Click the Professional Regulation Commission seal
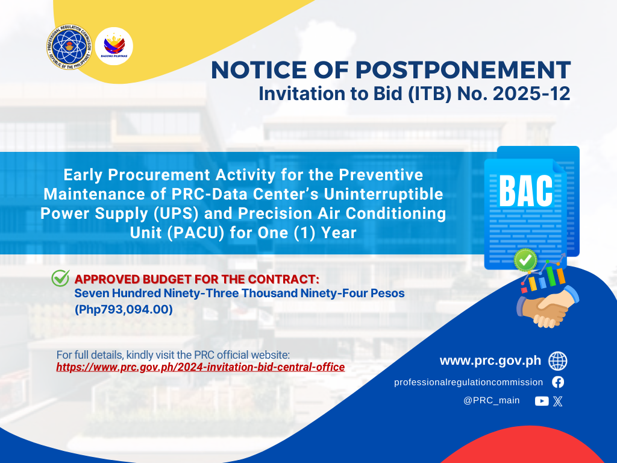pos(69,47)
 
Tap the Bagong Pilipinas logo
pos(114,46)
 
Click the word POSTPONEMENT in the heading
pos(463,70)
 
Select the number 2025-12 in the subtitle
pos(531,93)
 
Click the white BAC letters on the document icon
pos(526,191)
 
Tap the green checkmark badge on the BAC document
pos(525,260)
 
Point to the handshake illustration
pos(548,307)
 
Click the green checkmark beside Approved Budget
pos(61,278)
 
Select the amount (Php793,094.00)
pos(124,309)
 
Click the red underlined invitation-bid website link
pos(200,367)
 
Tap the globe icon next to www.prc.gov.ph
pos(558,361)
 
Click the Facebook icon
pos(558,382)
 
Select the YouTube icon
pos(542,401)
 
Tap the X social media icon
pos(558,401)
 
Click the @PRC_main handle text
pos(492,400)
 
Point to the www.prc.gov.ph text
pos(490,361)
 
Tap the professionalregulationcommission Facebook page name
pos(468,382)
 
